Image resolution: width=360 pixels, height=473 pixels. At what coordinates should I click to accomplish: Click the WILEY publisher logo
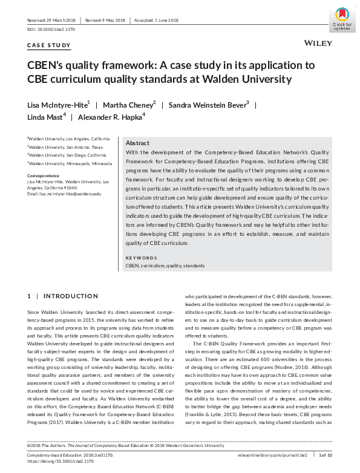coord(317,44)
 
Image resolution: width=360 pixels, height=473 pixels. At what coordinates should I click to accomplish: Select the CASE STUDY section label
coord(49,45)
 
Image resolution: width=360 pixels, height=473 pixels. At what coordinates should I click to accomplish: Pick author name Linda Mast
coord(45,116)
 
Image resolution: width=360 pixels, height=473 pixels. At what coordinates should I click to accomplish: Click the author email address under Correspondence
coord(64,193)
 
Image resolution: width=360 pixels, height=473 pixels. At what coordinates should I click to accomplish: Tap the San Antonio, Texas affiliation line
coord(67,146)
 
